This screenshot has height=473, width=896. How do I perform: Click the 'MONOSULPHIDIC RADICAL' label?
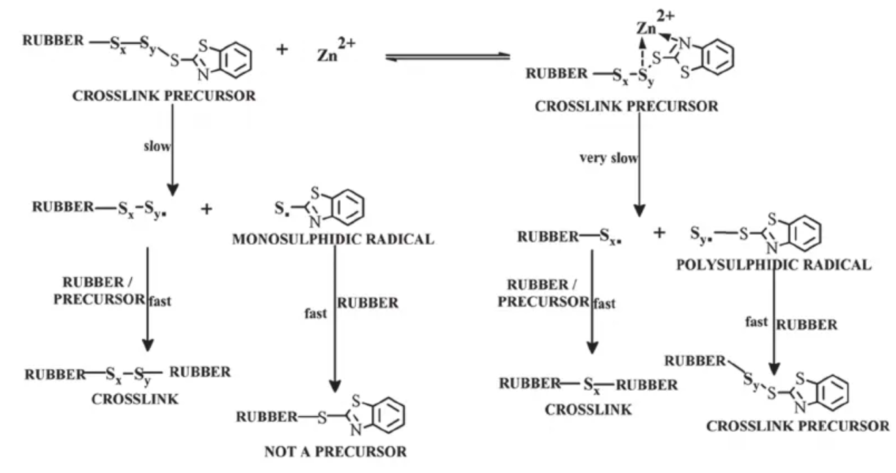click(x=333, y=239)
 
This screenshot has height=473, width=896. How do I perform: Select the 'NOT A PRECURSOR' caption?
click(x=335, y=451)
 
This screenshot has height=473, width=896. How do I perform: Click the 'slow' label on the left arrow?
click(x=157, y=146)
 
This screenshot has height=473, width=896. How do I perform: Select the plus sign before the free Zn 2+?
click(x=282, y=50)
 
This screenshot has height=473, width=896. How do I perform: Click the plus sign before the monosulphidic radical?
click(x=207, y=209)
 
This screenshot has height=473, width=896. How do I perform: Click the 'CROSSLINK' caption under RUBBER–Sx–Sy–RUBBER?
click(x=134, y=399)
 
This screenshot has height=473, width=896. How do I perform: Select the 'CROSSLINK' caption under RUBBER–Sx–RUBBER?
click(x=589, y=409)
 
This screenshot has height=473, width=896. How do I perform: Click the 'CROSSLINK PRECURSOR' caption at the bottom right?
click(x=797, y=426)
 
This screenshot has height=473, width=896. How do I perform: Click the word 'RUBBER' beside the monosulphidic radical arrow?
click(x=367, y=303)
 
